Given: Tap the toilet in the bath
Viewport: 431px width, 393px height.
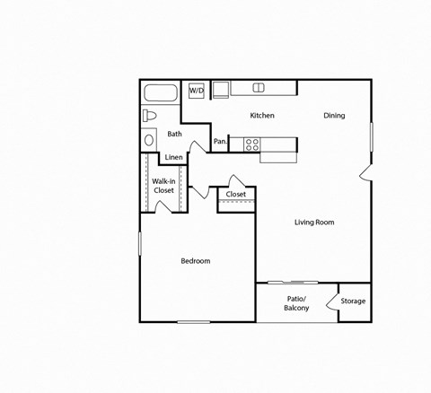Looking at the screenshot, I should [151, 116].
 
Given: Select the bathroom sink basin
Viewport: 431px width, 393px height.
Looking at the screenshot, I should [149, 141].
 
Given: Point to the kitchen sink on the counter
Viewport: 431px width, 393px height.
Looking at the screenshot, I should [259, 88].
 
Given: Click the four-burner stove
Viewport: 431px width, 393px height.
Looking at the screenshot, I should [252, 143].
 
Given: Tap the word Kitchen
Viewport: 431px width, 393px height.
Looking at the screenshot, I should [262, 116].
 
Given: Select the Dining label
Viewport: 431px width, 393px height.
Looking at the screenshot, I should [334, 116].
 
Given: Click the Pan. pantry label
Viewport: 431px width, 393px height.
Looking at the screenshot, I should [220, 142].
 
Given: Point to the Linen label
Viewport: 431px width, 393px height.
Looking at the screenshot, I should [174, 158].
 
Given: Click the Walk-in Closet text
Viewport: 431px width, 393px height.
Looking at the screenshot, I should [163, 186].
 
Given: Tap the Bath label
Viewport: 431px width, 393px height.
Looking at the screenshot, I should [174, 135].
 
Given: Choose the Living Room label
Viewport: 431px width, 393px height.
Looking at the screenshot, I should [314, 223].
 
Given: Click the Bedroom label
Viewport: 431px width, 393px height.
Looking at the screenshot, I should [196, 261].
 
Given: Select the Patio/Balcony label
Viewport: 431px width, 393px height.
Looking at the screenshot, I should [296, 303].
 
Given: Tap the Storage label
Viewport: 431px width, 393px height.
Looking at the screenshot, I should [353, 301].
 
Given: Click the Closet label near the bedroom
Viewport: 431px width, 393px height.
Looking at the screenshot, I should [236, 195].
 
